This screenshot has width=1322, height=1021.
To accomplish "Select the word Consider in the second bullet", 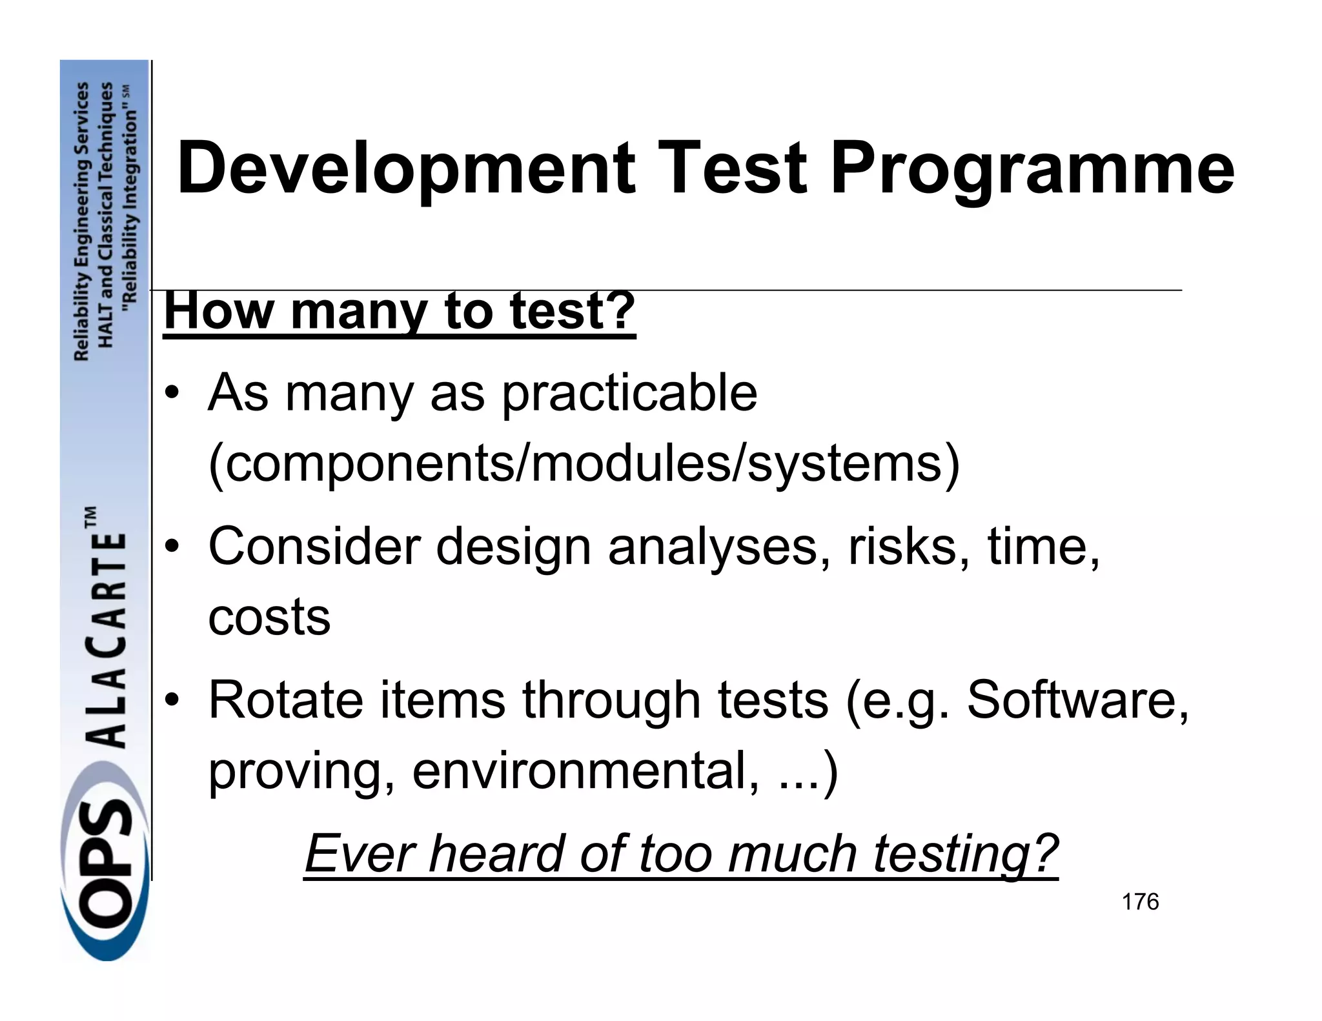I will [x=314, y=546].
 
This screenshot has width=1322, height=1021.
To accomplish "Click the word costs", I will [x=269, y=617].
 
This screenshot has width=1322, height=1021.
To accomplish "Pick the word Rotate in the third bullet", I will [x=286, y=700].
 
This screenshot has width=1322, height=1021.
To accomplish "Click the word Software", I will [x=1077, y=700].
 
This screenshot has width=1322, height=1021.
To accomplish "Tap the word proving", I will [x=301, y=772].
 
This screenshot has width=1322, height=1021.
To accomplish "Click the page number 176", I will [x=1140, y=902].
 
